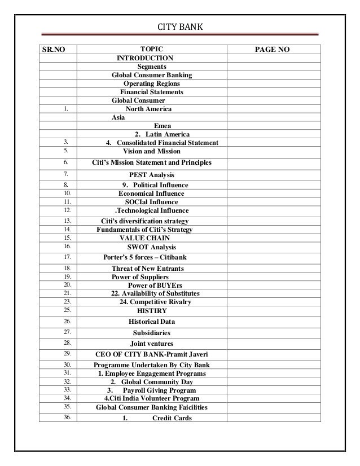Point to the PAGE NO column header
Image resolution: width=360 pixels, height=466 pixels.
273,50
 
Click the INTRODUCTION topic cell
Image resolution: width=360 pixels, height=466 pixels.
144,58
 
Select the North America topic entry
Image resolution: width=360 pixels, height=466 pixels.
148,108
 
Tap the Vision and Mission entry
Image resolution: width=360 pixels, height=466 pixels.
151,151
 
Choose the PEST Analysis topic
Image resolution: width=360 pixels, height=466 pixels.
152,175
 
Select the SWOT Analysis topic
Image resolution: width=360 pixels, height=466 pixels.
151,247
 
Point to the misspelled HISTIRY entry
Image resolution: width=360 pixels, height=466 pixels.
152,310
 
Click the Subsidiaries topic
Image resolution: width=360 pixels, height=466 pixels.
151,332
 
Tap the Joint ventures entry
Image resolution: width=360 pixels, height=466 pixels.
151,344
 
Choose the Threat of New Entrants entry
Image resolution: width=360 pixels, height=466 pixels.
148,268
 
